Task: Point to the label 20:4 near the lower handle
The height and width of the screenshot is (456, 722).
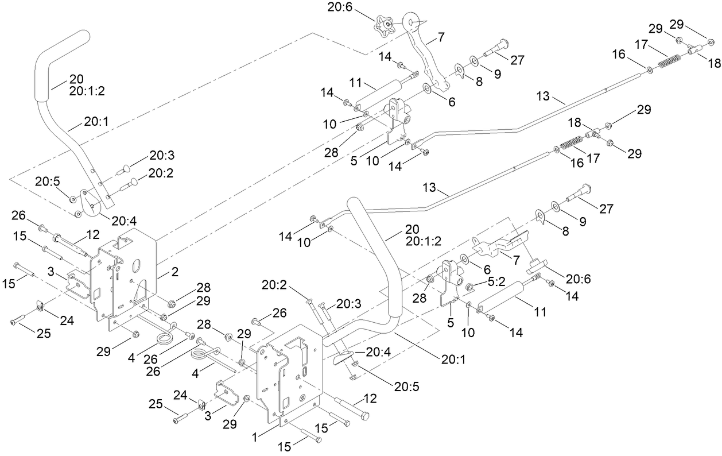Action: (375, 353)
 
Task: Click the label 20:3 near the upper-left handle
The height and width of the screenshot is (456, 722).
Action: (162, 154)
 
